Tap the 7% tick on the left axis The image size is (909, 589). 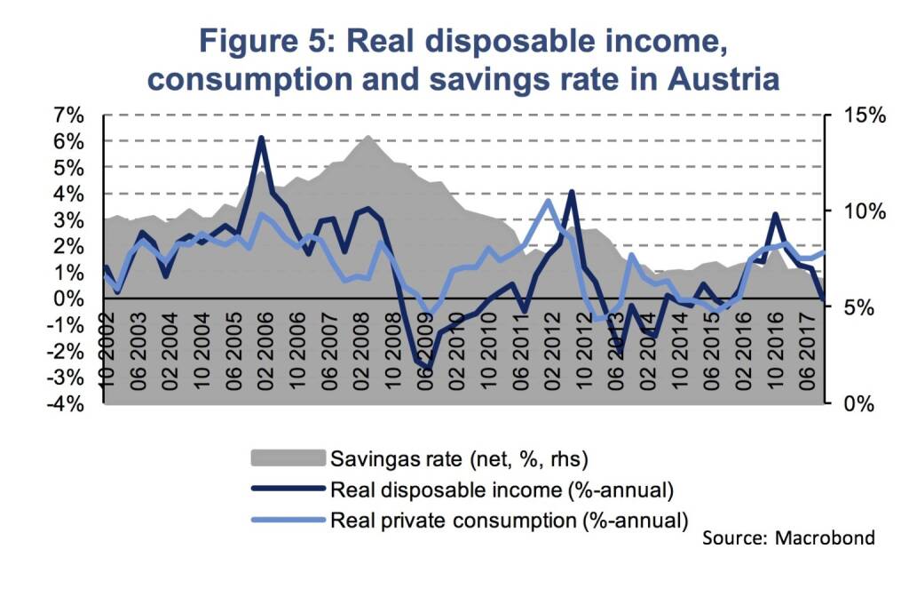tap(70, 115)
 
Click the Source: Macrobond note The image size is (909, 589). tap(788, 537)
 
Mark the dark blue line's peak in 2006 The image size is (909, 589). tap(261, 138)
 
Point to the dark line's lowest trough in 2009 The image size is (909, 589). tap(429, 368)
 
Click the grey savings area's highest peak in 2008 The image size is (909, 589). tap(367, 136)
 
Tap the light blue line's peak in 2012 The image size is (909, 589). tap(548, 200)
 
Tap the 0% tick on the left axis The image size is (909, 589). tap(70, 298)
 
